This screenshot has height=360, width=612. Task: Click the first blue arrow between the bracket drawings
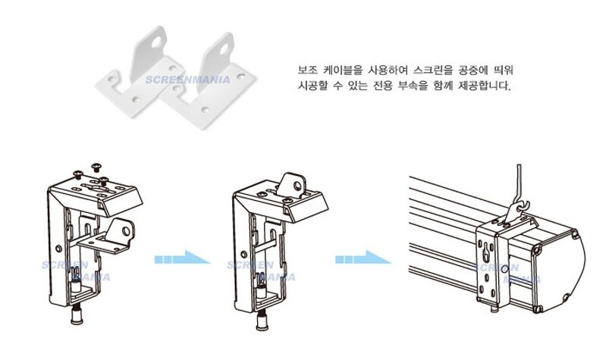182,258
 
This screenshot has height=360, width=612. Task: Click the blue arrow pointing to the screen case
363,258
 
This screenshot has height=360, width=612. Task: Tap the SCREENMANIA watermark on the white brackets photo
188,80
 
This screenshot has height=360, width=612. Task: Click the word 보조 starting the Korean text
308,70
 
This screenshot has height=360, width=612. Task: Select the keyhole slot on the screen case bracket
485,254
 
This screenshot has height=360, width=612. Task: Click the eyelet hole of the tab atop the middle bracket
298,186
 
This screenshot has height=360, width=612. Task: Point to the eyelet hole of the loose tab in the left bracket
126,232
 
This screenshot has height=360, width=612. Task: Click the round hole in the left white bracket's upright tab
156,42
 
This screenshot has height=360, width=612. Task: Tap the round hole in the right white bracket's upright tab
224,49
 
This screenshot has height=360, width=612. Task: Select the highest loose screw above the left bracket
96,167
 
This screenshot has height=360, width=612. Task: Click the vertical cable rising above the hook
519,182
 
